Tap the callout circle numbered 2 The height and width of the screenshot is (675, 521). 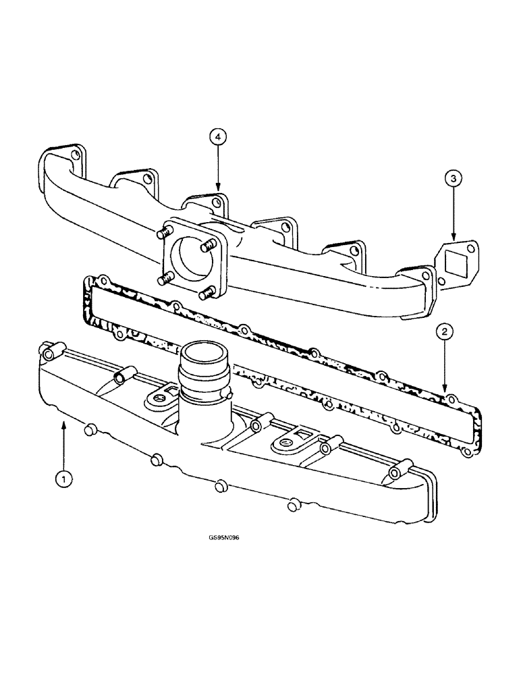tap(443, 331)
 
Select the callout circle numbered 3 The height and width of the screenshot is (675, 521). tap(454, 179)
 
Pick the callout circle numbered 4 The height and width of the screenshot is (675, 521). tap(217, 137)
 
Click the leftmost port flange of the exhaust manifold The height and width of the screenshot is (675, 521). tap(66, 159)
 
